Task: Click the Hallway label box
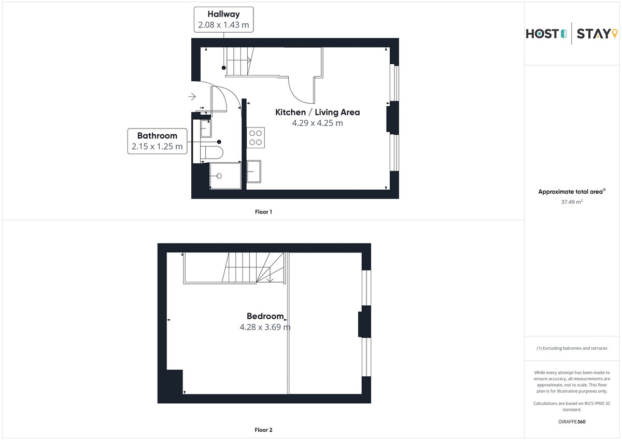pos(223,19)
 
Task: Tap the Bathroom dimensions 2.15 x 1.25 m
pos(157,146)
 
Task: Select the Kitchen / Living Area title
pos(317,112)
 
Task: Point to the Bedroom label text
pos(265,316)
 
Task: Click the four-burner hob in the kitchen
pos(256,138)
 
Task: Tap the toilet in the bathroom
pos(211,152)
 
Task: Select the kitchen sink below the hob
pos(254,171)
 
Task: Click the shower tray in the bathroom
pos(225,176)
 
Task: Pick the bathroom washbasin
pos(206,128)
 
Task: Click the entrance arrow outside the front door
pos(192,96)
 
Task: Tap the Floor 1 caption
pos(263,212)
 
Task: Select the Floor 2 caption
pos(263,430)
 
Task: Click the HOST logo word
pos(543,34)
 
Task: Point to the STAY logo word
pos(593,34)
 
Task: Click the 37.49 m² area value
pos(572,202)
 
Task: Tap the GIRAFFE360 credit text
pos(572,422)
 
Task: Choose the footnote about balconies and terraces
pos(572,348)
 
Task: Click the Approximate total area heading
pos(572,192)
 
